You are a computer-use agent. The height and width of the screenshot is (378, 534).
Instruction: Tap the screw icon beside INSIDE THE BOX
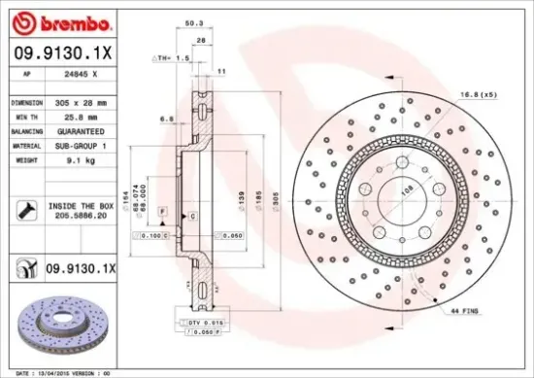[25, 207]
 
